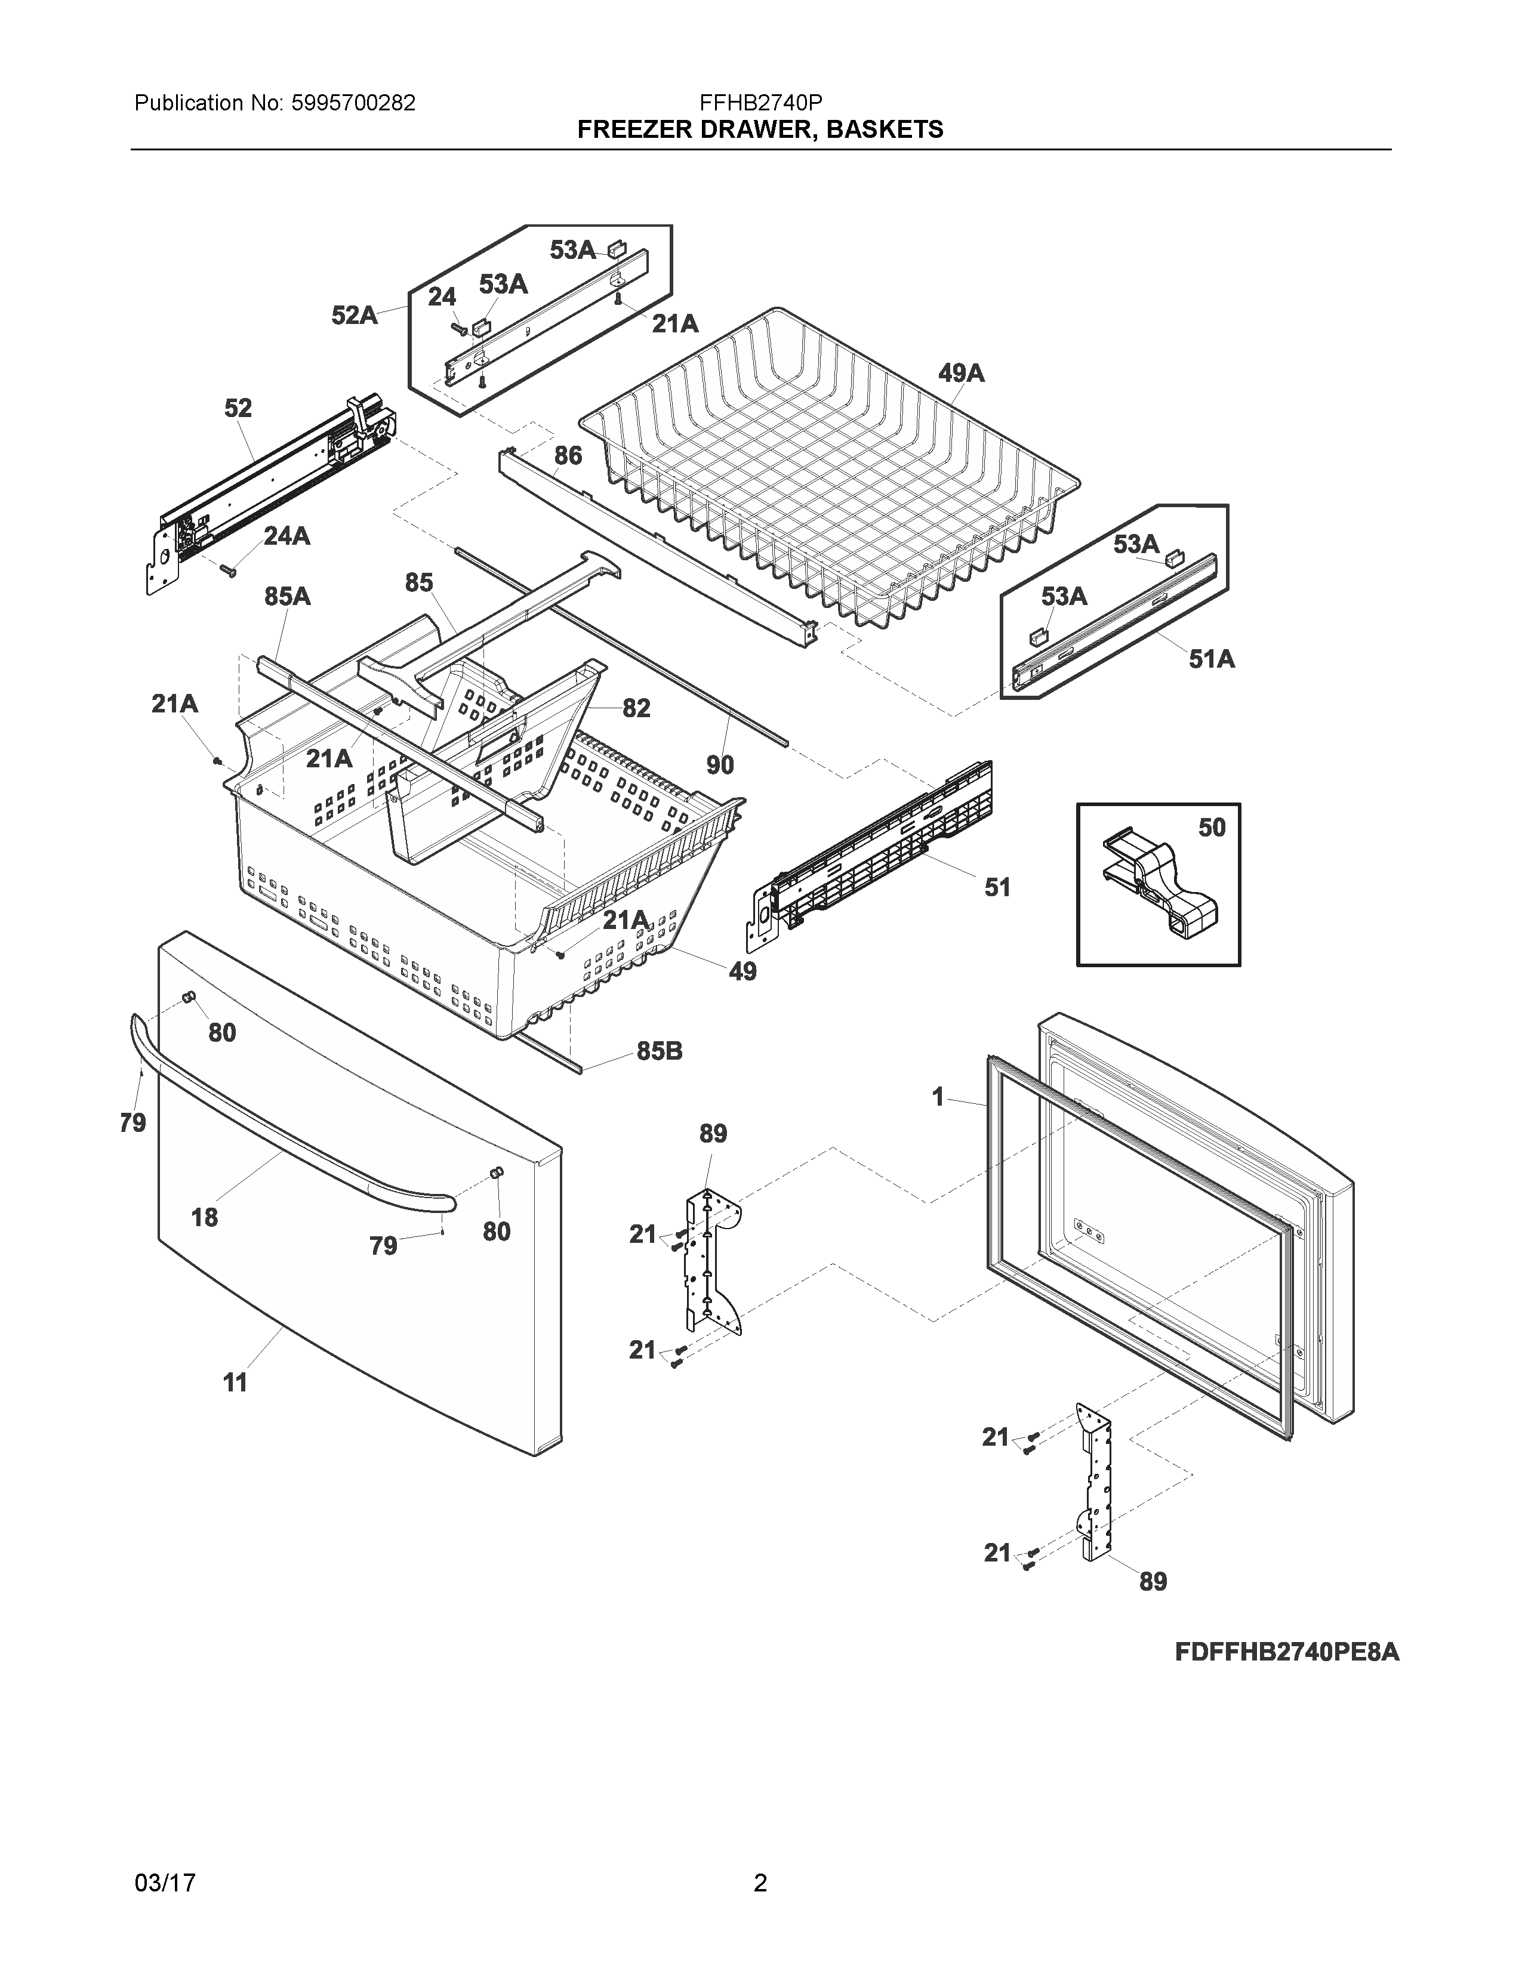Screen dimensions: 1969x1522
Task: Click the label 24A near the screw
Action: coord(286,536)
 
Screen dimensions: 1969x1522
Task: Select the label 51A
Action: coord(1211,659)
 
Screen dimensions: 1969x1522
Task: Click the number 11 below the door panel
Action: coord(235,1382)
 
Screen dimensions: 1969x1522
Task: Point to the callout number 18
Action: coord(205,1217)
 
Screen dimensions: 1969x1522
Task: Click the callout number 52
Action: coord(238,408)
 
